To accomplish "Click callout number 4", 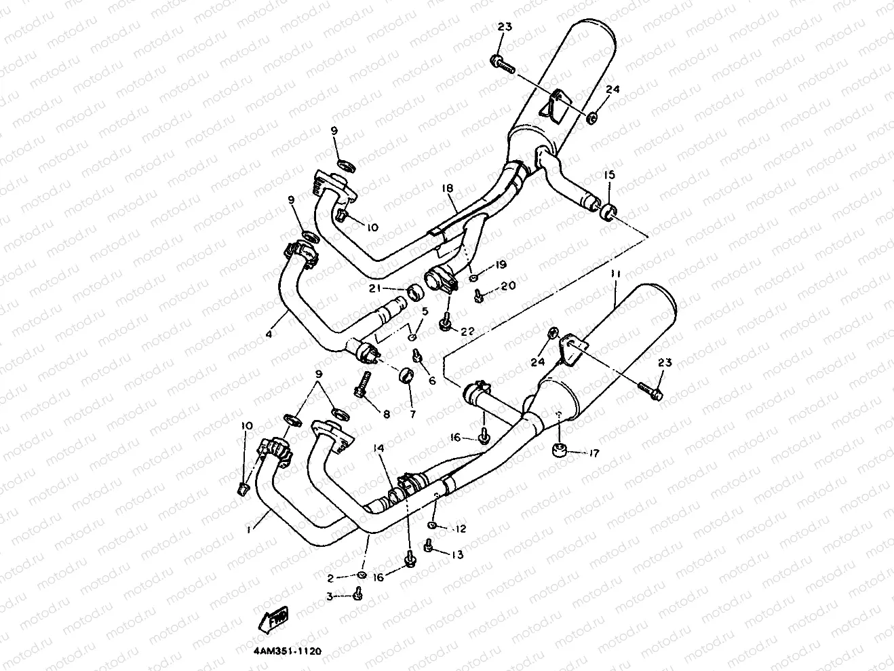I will tap(270, 334).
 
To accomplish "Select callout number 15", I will tap(609, 175).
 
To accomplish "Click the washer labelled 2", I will tap(362, 575).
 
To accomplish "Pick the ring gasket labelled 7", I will tap(409, 375).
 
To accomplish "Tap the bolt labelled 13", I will tap(429, 545).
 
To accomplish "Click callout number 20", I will tap(507, 286).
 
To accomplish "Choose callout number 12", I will tap(461, 528).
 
